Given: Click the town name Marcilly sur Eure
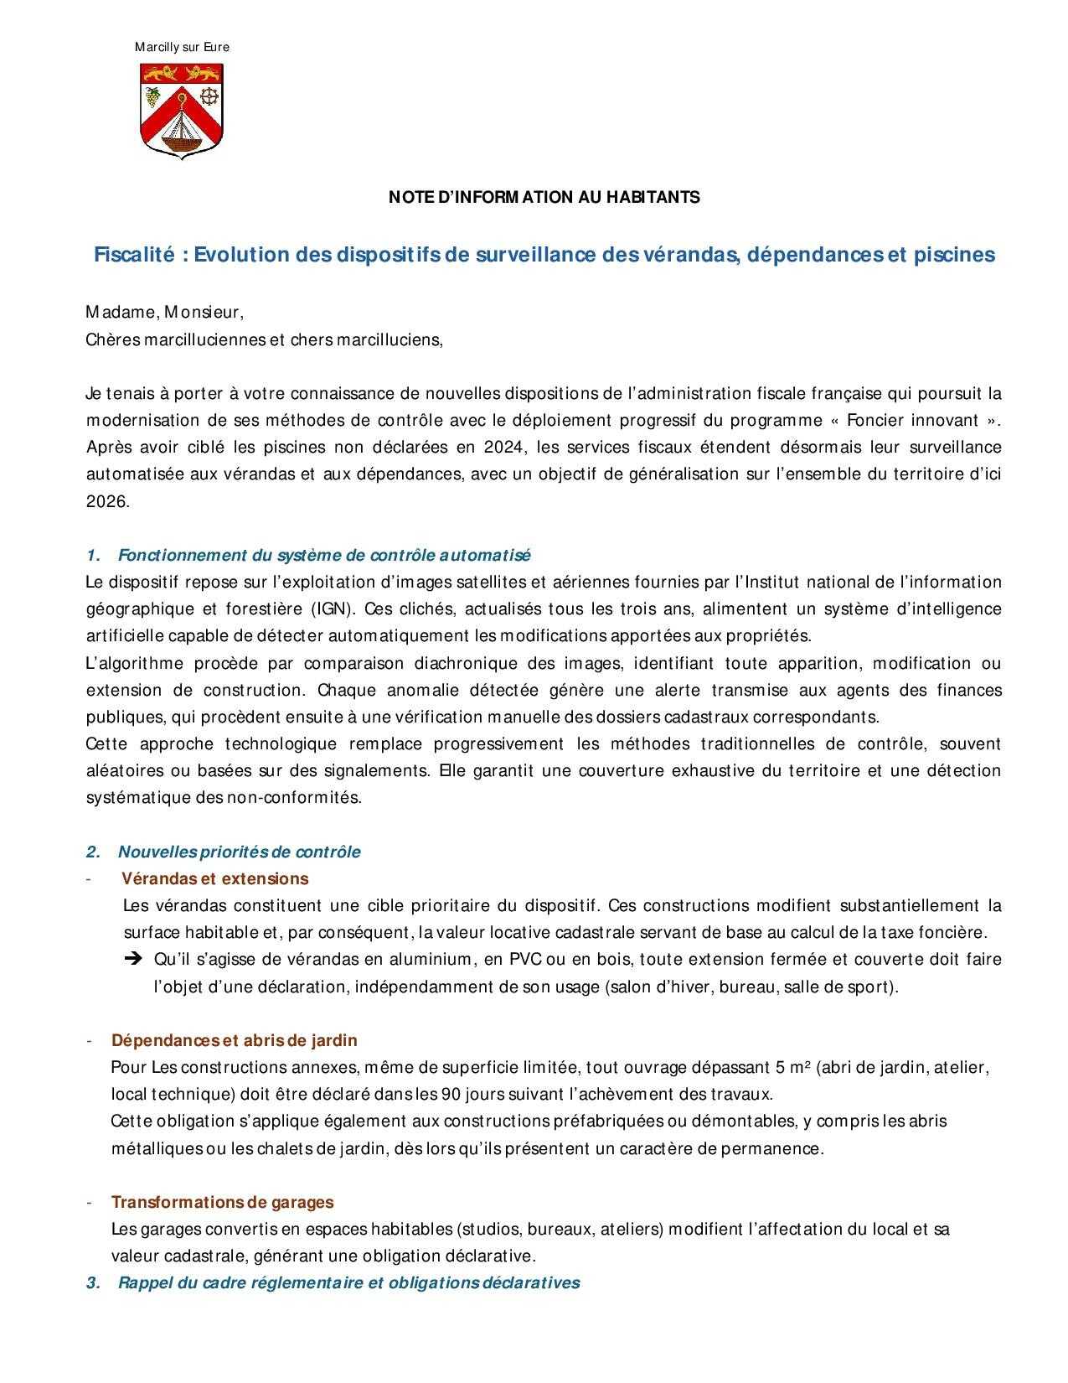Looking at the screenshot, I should click(182, 47).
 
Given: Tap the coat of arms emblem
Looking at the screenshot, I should click(182, 111).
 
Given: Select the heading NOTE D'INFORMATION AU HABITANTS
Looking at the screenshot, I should click(544, 198).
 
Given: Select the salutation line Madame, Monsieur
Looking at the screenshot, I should click(164, 313).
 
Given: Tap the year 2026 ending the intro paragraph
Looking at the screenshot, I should click(107, 501).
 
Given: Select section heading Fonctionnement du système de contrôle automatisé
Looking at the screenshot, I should click(323, 555).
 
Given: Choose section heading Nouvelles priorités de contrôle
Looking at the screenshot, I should click(239, 852).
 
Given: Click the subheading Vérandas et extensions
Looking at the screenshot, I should click(214, 878).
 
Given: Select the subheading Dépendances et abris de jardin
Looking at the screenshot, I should click(234, 1040).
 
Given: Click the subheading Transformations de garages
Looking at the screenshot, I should click(222, 1202).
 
